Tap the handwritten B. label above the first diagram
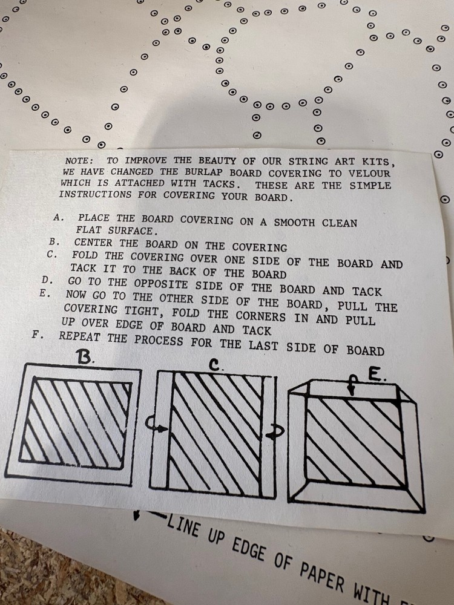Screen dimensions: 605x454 85,358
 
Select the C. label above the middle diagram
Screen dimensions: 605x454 215,364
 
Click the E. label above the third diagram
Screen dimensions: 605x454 375,376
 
